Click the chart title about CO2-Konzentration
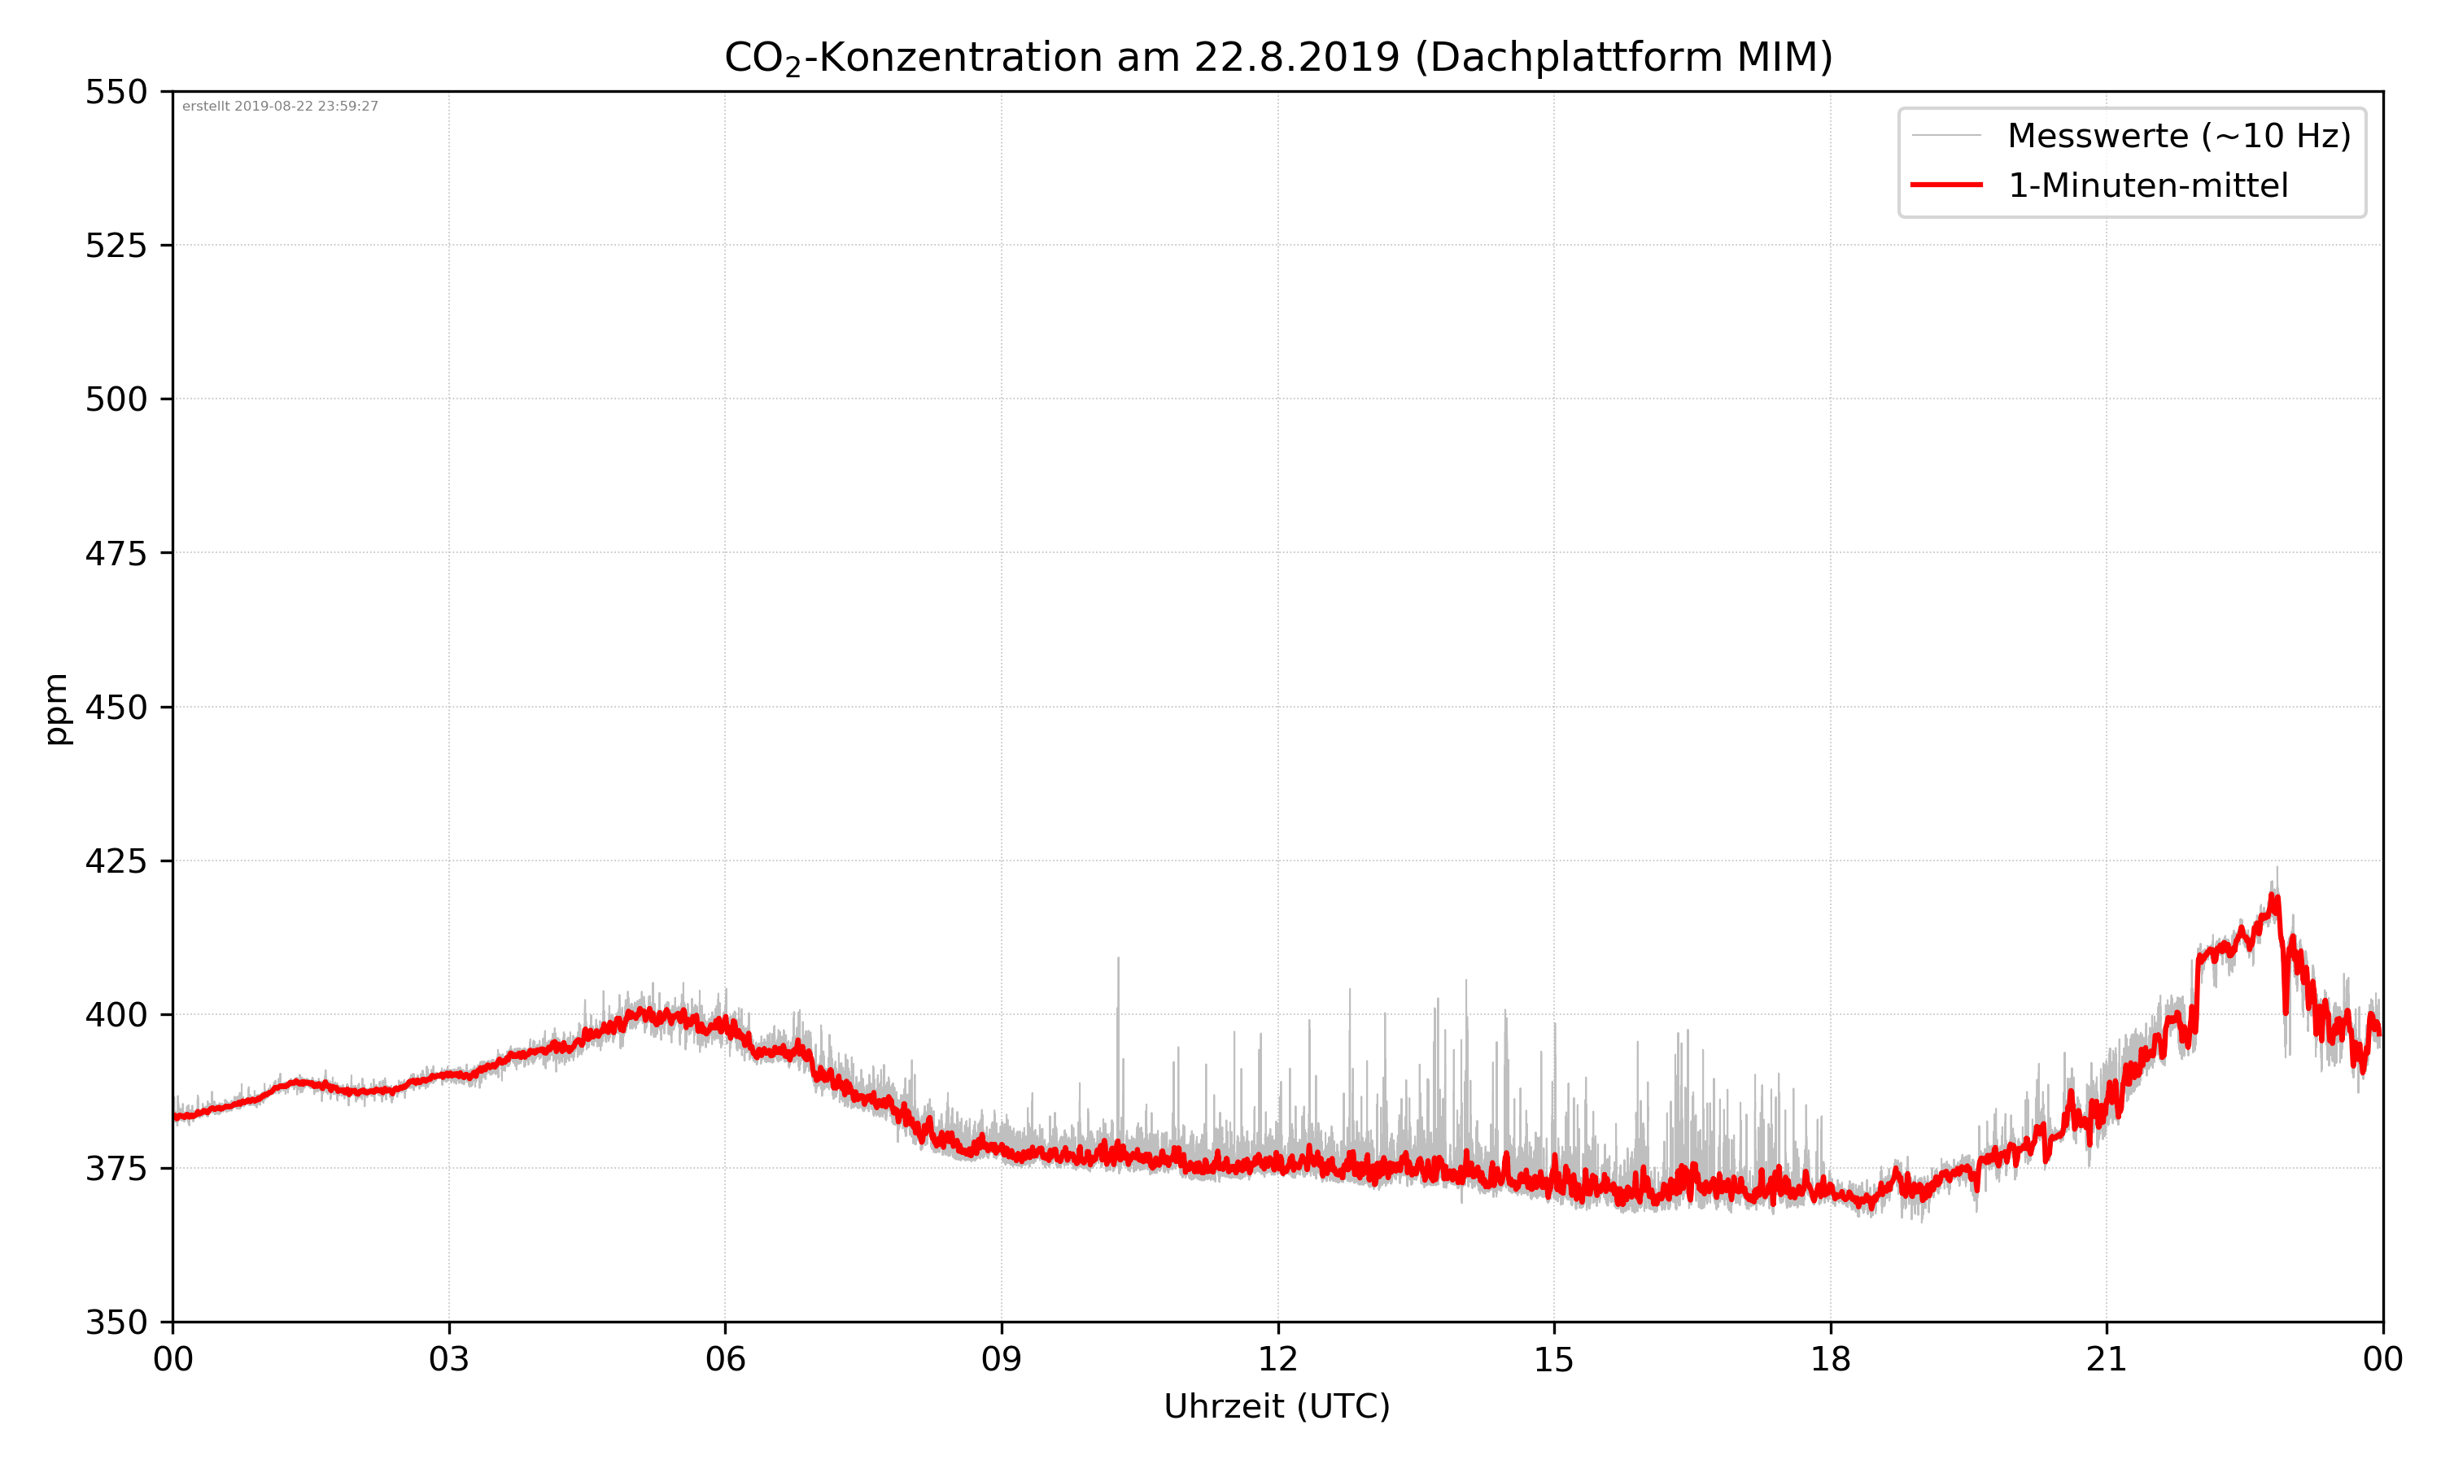(x=1277, y=57)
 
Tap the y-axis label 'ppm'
(x=57, y=708)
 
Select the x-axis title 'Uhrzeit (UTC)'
(x=1277, y=1405)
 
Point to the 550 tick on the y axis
(x=116, y=92)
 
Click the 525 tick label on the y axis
(x=116, y=246)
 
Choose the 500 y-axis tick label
(x=116, y=399)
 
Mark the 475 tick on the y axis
(x=116, y=553)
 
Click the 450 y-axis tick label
(x=116, y=708)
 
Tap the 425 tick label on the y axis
(x=116, y=861)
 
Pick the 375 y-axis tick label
(x=116, y=1169)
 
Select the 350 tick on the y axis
(x=116, y=1323)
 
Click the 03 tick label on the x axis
(x=449, y=1359)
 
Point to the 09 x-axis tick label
(x=1002, y=1359)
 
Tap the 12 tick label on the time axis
(x=1277, y=1359)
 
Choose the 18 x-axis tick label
(x=1830, y=1359)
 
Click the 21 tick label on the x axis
(x=2107, y=1359)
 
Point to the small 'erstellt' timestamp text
(x=280, y=107)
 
